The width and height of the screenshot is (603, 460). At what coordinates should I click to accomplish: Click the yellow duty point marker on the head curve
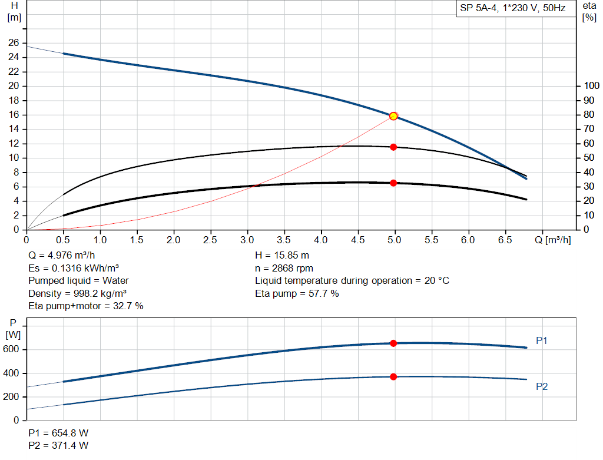(x=393, y=116)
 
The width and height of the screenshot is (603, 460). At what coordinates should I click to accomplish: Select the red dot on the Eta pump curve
(x=393, y=147)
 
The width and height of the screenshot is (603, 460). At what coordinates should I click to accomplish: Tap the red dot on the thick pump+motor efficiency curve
(x=393, y=183)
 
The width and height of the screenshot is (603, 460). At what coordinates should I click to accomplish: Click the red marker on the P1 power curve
(x=393, y=343)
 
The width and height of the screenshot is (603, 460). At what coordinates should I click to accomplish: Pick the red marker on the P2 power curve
(x=393, y=376)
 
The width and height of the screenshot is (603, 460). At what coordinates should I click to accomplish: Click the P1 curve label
(x=542, y=340)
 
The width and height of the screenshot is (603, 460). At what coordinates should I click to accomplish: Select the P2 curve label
(x=542, y=386)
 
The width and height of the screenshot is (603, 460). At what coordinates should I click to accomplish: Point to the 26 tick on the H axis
(x=14, y=43)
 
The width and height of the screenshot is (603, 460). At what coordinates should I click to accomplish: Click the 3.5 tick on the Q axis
(x=284, y=240)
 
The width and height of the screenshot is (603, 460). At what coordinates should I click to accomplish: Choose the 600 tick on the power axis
(x=12, y=350)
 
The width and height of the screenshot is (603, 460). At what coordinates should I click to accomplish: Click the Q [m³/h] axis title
(x=552, y=240)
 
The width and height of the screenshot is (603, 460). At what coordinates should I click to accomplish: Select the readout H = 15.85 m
(x=282, y=256)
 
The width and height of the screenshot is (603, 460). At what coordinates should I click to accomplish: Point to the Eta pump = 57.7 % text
(x=297, y=293)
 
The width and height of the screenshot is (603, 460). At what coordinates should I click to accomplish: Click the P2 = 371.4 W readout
(x=58, y=445)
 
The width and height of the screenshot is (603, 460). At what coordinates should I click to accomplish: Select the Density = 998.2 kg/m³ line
(x=78, y=293)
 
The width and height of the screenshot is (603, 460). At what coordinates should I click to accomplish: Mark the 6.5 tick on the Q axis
(x=505, y=240)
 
